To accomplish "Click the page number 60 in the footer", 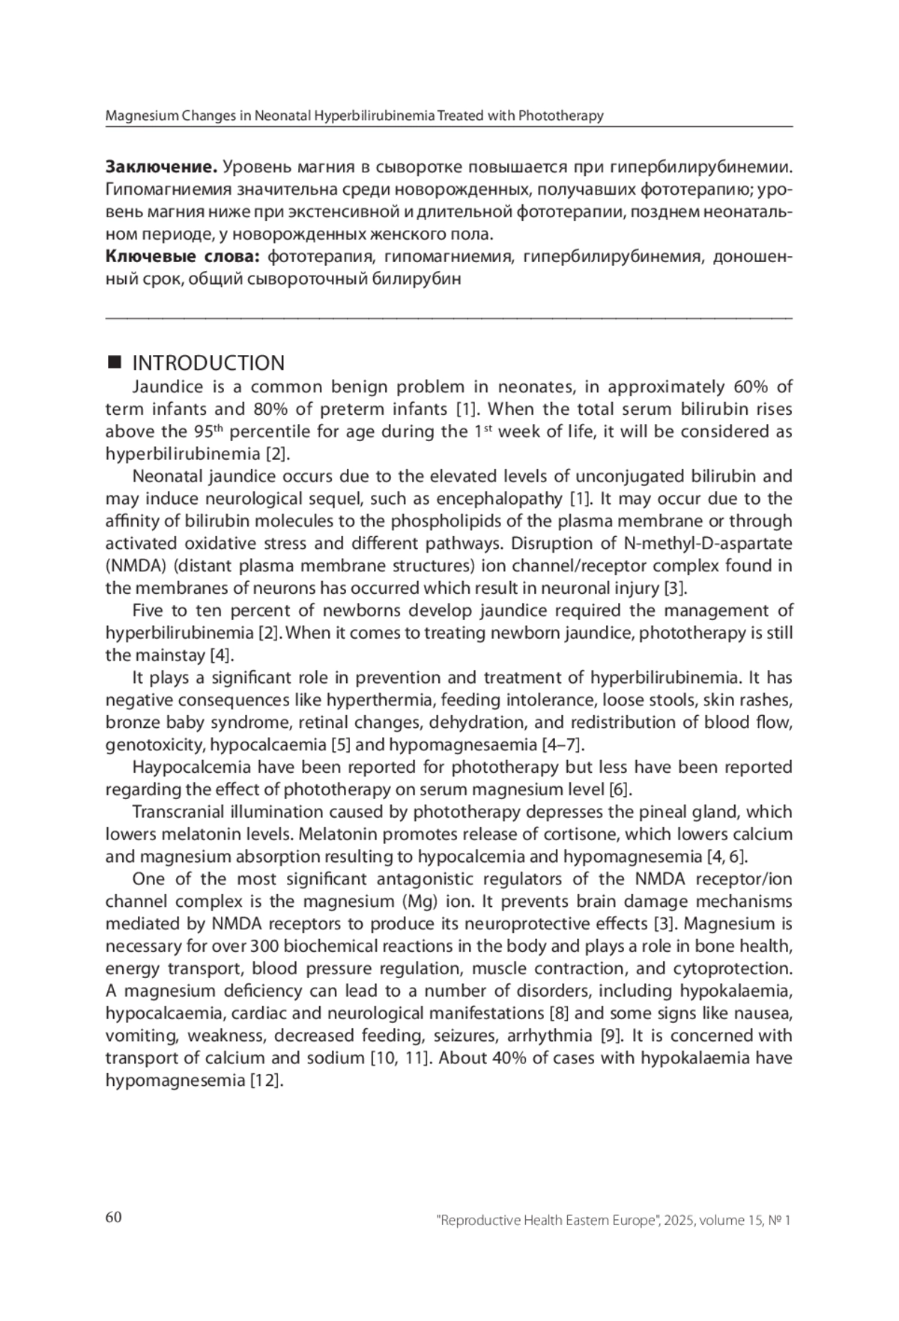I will click(113, 1217).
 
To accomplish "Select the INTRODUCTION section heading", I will click(208, 363).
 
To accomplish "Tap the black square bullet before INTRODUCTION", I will click(114, 362).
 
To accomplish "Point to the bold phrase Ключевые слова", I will click(183, 257).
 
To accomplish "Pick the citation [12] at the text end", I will click(267, 1081).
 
